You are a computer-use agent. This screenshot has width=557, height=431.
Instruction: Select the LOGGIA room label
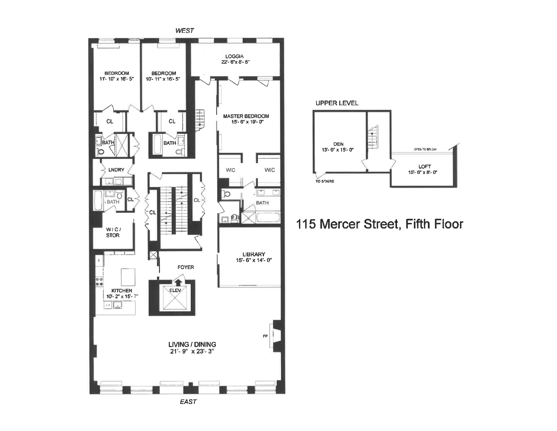pos(234,56)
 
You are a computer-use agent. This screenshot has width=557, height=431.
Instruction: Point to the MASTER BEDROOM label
pos(246,116)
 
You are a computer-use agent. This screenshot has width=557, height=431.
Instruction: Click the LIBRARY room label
pos(254,254)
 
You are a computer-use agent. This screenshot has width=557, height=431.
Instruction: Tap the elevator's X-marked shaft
pos(175,299)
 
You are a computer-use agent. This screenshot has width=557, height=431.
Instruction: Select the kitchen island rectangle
pos(128,277)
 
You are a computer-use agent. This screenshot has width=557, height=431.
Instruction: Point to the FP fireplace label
pos(265,336)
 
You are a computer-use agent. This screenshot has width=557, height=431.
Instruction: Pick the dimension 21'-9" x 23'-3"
pos(192,351)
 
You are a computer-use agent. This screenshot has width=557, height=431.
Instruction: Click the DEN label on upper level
pos(338,144)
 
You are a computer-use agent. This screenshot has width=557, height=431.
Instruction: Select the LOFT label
pos(424,166)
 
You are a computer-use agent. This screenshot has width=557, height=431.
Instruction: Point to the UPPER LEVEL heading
pos(337,103)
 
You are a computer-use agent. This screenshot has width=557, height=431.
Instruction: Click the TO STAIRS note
pos(325,181)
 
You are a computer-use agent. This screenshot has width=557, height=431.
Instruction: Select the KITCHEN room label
pos(122,291)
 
